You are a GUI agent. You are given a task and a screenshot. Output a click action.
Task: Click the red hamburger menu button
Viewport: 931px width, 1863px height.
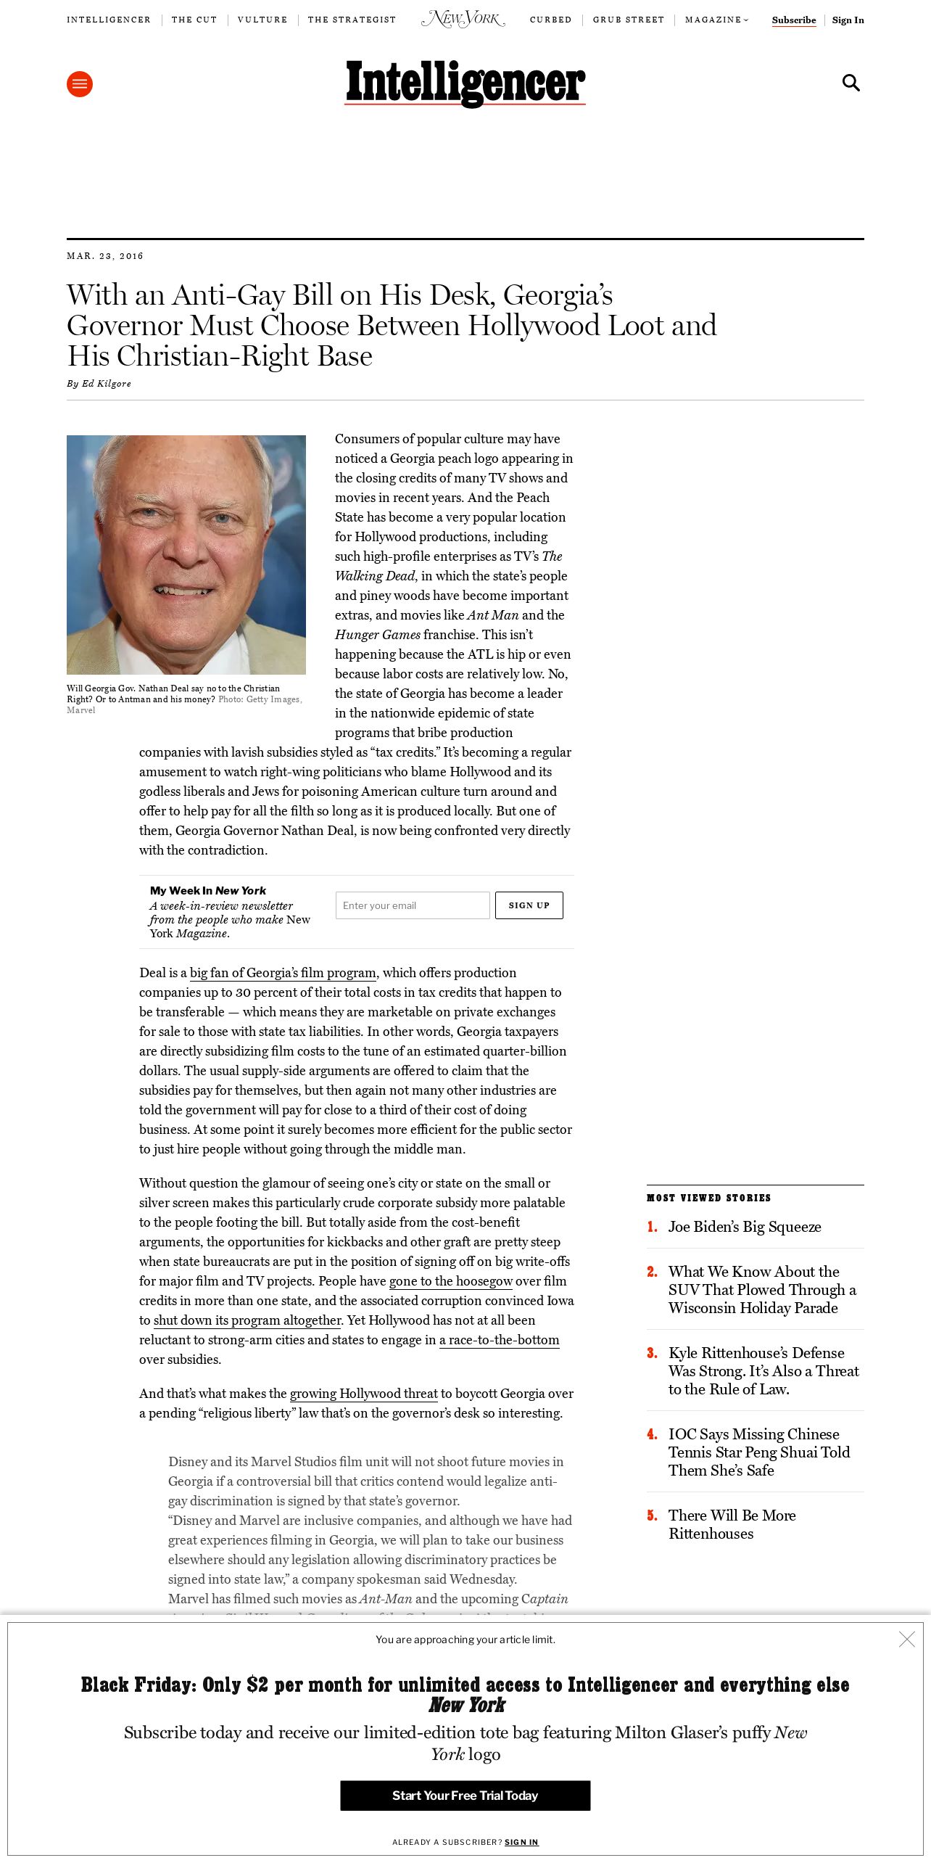pos(80,84)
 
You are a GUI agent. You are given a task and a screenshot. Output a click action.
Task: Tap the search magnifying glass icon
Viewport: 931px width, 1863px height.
pos(851,83)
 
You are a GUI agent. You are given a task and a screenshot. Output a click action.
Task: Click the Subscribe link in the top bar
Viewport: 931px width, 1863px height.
pos(794,20)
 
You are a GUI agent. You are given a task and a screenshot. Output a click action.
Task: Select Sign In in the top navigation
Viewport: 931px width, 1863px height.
pos(848,20)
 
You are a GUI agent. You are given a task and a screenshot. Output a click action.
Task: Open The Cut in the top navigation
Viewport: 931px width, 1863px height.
pos(194,20)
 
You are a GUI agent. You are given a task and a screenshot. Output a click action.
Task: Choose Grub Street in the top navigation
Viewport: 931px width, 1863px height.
pos(628,20)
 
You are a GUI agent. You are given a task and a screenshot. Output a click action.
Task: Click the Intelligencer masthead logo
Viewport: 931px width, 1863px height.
pos(465,83)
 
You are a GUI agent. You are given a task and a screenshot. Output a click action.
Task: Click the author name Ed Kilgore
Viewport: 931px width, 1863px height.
pos(107,384)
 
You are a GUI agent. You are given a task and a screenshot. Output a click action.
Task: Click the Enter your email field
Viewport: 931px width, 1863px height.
pos(413,905)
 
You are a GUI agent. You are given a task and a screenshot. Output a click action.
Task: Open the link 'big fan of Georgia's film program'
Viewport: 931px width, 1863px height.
pos(283,973)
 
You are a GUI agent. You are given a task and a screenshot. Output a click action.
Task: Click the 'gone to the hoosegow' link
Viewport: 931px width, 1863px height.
pos(451,1281)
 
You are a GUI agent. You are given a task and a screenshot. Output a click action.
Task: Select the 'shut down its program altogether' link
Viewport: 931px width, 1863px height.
pos(247,1320)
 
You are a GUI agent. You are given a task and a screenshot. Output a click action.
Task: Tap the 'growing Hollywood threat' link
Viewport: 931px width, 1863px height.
pos(364,1394)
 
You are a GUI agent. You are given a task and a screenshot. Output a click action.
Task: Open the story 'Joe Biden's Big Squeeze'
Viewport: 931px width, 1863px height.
pos(745,1227)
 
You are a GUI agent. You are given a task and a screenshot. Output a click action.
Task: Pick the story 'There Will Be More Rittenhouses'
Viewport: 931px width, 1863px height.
pos(732,1524)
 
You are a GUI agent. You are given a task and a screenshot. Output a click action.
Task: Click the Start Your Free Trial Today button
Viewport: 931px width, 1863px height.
pos(465,1796)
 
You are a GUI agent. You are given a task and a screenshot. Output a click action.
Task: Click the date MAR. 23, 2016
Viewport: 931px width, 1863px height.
pos(105,256)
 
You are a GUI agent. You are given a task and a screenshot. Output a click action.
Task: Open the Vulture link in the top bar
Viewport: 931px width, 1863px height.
pos(262,20)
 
